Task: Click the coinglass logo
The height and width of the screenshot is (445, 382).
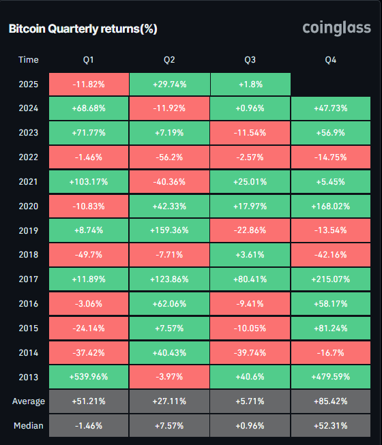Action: point(336,28)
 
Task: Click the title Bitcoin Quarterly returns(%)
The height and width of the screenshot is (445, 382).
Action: point(83,29)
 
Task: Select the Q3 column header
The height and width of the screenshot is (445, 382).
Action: point(250,60)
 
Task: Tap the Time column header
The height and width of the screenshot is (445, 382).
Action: point(28,60)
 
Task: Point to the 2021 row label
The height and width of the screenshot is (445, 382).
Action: point(28,182)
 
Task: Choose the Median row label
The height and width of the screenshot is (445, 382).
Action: point(28,425)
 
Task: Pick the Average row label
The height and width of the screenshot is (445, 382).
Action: point(28,401)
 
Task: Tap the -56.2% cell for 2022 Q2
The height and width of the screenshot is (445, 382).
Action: point(169,157)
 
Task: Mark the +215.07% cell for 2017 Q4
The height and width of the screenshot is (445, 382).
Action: point(331,279)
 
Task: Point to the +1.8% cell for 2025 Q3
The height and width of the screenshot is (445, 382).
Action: point(250,85)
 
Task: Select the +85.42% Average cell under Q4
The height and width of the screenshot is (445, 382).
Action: point(331,401)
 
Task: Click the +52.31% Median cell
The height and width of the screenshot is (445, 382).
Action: point(331,425)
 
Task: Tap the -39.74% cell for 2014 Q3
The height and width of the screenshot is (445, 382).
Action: point(250,352)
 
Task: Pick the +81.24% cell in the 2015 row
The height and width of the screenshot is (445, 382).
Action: point(331,328)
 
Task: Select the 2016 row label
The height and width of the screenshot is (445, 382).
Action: point(28,303)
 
